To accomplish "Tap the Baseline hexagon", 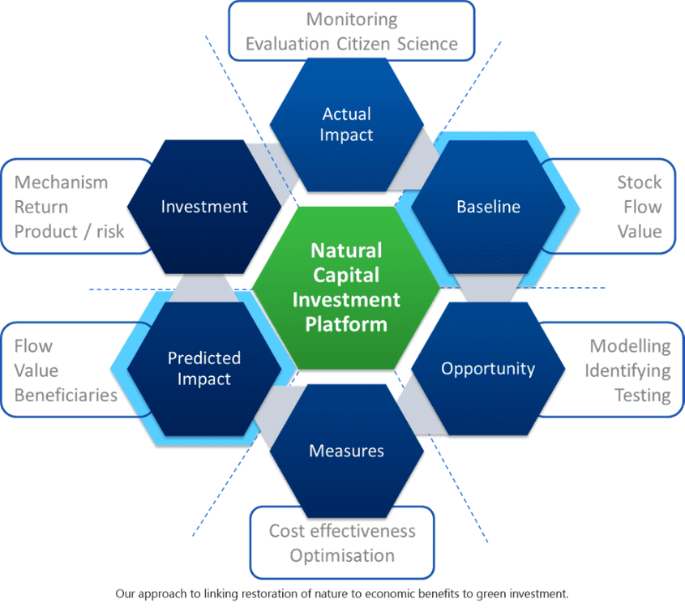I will [488, 207].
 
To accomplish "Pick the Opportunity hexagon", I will [488, 369].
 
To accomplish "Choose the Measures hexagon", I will [346, 450].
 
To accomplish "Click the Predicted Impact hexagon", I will [204, 368].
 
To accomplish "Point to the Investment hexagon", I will [204, 207].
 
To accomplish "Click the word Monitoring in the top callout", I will [352, 19].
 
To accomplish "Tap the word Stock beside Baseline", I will [639, 182].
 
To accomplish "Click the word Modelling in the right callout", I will [630, 346].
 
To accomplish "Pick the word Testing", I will [642, 395].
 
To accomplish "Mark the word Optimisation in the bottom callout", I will [342, 555].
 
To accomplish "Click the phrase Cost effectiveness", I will [342, 531].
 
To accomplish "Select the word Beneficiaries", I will [66, 395].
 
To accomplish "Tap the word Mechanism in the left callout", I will [61, 182].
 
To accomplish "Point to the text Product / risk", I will [70, 231].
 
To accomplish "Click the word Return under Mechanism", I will [41, 207].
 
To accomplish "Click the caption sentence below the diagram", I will [342, 593].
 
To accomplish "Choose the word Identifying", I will [627, 370].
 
